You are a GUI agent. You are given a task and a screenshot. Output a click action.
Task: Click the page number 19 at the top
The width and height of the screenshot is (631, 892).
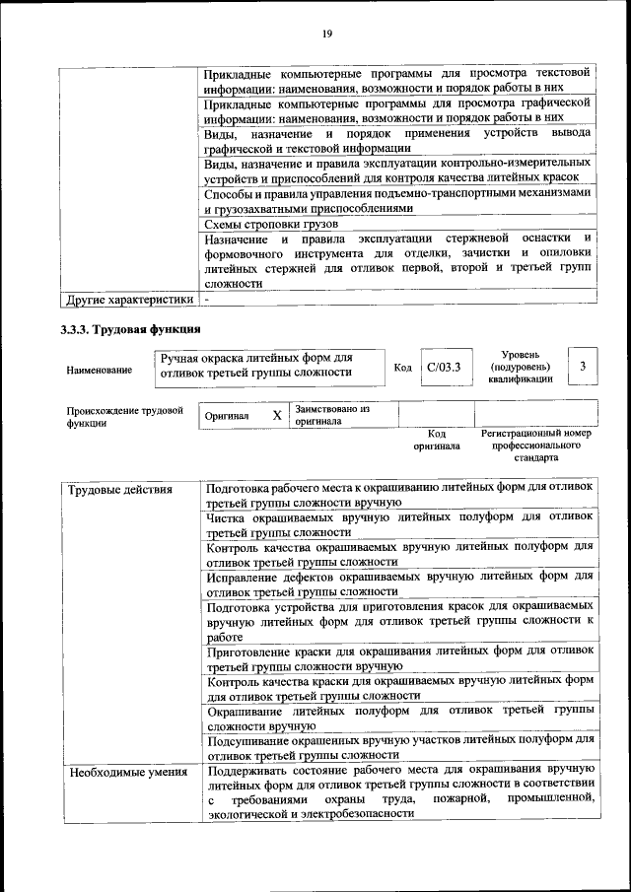327,34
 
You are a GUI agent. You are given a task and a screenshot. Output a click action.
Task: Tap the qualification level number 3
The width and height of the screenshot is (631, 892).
584,367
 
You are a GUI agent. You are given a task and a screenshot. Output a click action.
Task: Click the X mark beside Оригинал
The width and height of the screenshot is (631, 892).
277,415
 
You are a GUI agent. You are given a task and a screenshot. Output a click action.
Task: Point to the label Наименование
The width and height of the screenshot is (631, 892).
99,370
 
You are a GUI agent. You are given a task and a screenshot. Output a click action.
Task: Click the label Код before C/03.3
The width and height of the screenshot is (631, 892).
402,369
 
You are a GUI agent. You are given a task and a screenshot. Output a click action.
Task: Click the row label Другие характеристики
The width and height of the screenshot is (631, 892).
127,299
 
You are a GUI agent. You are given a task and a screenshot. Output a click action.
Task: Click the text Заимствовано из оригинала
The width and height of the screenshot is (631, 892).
331,414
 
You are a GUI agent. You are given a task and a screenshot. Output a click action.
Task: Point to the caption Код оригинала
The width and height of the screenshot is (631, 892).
437,440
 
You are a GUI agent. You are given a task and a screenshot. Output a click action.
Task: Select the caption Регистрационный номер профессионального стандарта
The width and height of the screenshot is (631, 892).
535,446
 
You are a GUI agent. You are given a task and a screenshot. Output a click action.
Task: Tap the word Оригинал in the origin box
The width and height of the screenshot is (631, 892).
227,416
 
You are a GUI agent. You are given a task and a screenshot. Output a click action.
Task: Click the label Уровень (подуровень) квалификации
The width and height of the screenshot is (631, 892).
521,367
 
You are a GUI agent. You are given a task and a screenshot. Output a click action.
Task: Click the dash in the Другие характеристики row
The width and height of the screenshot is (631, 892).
206,299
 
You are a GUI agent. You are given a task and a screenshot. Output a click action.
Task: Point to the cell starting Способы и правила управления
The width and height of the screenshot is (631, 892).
398,201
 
